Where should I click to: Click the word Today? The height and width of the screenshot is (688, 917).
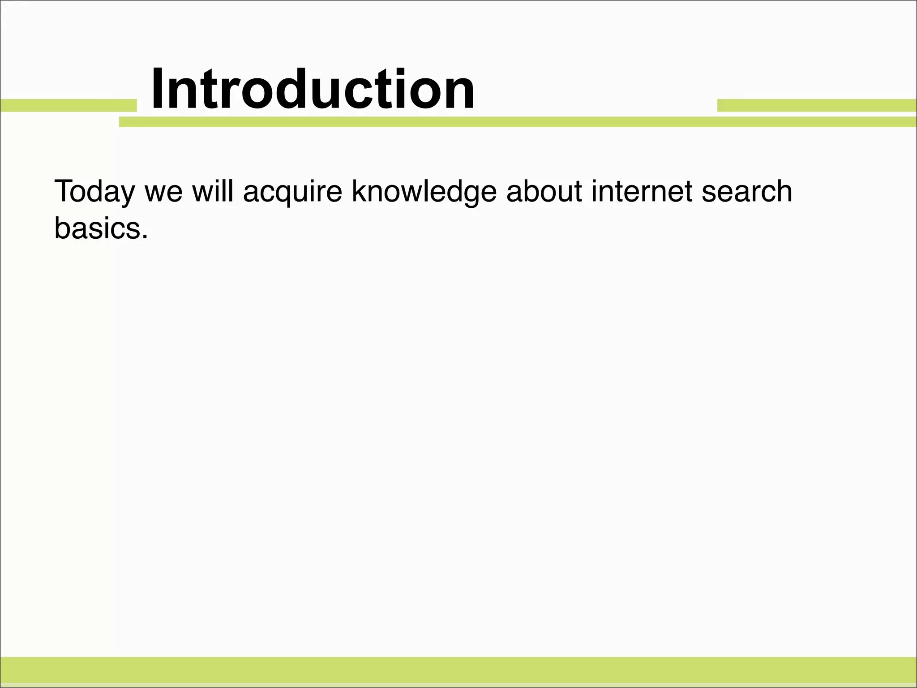[x=94, y=192]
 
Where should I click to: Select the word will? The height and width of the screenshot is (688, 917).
[x=213, y=191]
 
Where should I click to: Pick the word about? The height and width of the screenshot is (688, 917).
[x=544, y=191]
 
